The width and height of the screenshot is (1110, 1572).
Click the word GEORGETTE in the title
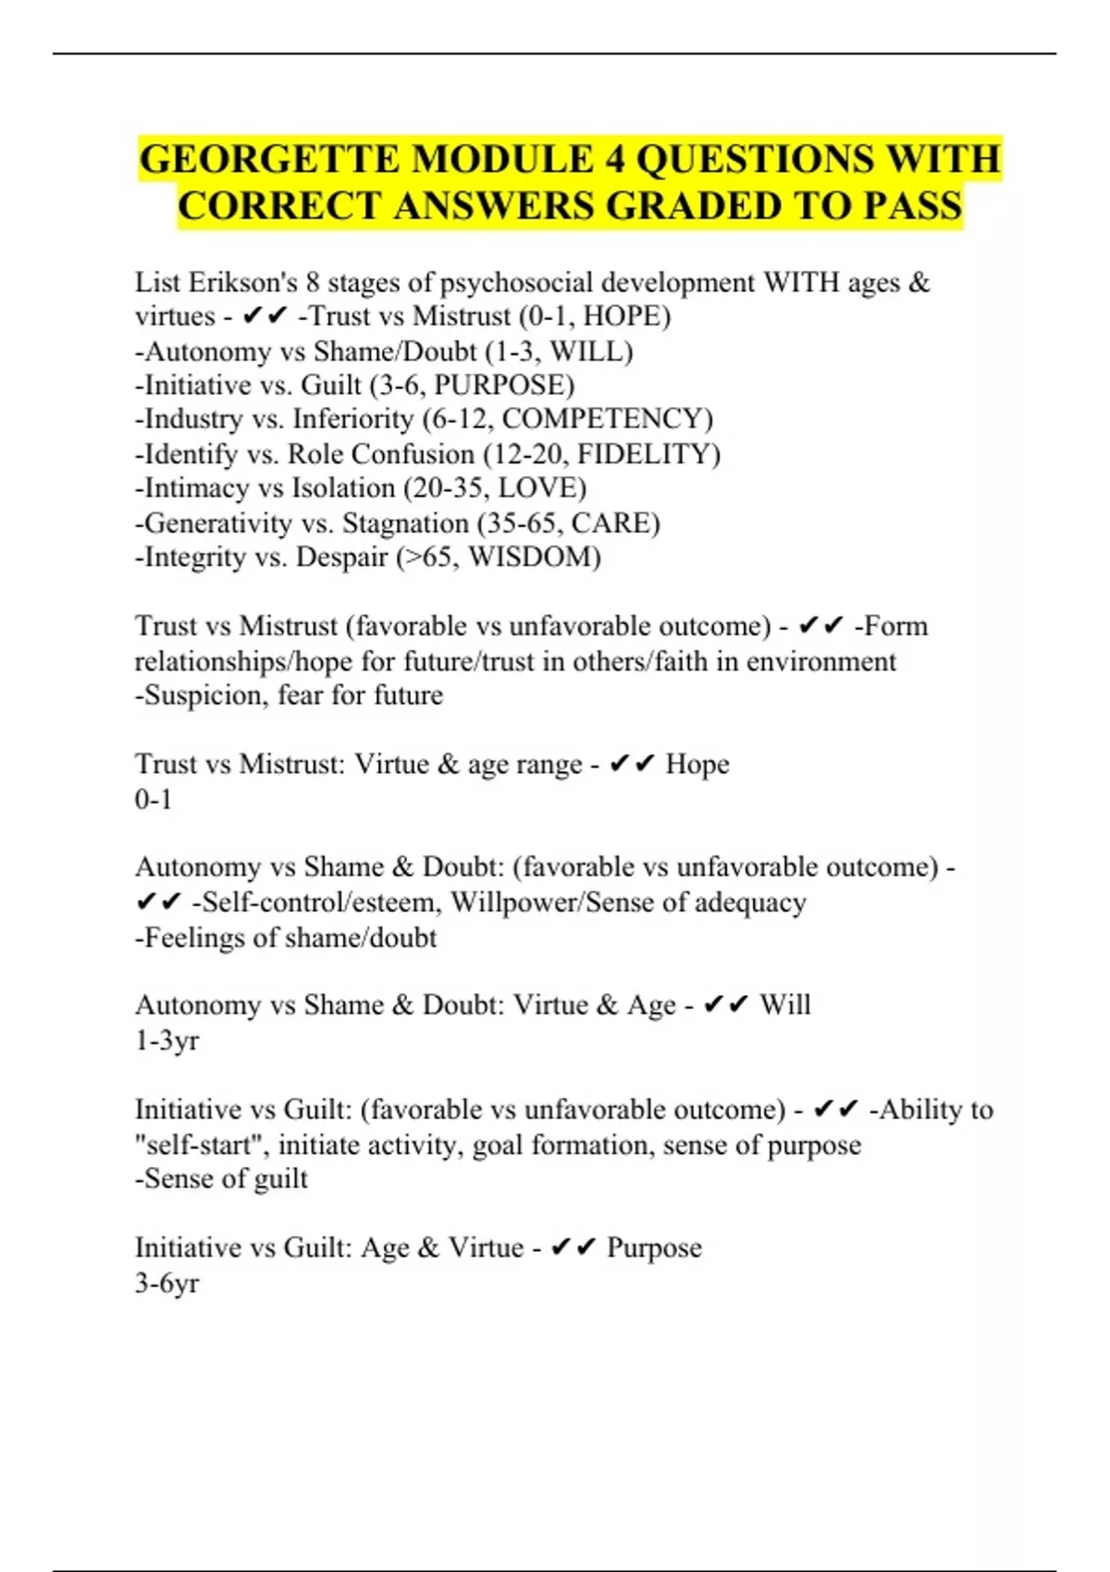click(x=270, y=159)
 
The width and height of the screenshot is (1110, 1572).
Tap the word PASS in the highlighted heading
click(x=912, y=205)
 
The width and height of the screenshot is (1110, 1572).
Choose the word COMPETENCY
click(x=602, y=419)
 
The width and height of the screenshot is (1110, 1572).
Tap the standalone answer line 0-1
click(x=154, y=799)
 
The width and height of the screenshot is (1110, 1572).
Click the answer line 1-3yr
click(x=167, y=1041)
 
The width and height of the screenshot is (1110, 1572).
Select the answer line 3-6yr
click(x=167, y=1283)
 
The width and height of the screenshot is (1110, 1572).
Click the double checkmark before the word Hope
click(x=632, y=765)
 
